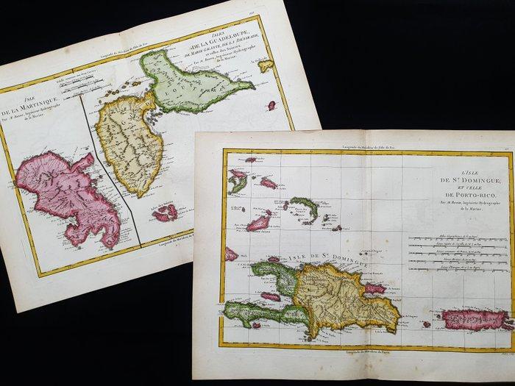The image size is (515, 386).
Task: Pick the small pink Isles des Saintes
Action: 165,214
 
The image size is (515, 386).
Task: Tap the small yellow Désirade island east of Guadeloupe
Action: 266,65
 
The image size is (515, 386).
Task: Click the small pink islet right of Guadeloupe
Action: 271,105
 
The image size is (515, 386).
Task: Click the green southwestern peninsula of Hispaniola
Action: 257,312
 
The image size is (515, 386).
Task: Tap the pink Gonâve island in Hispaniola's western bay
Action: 270,296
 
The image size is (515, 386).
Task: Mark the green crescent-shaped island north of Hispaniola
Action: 304,209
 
